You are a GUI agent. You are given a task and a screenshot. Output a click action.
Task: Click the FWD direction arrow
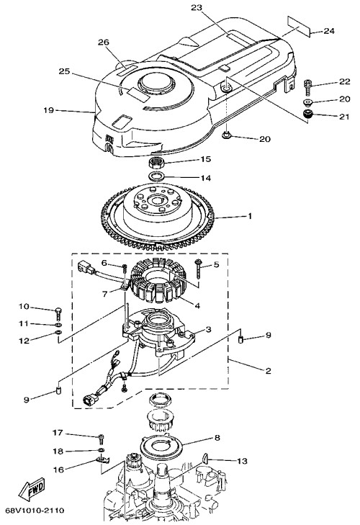pyautogui.click(x=32, y=489)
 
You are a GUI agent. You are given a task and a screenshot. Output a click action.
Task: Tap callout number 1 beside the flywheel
pyautogui.click(x=250, y=216)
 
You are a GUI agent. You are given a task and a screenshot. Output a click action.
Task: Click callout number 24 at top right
pyautogui.click(x=329, y=31)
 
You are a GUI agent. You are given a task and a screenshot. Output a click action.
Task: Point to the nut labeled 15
pyautogui.click(x=156, y=163)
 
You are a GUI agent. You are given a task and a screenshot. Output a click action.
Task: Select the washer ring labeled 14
pyautogui.click(x=156, y=176)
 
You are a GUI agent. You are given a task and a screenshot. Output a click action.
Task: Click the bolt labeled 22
pyautogui.click(x=307, y=88)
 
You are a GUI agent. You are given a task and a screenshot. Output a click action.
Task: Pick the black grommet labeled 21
pyautogui.click(x=307, y=115)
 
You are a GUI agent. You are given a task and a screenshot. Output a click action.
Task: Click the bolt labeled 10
pyautogui.click(x=58, y=314)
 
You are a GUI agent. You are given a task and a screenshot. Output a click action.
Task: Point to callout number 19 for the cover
pyautogui.click(x=49, y=109)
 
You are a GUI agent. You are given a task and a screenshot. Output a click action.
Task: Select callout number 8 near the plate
pyautogui.click(x=217, y=438)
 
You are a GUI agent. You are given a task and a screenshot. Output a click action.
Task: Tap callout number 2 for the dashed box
pyautogui.click(x=268, y=371)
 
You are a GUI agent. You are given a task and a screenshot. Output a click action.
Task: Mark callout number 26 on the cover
pyautogui.click(x=104, y=42)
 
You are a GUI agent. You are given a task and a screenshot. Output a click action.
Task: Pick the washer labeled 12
pyautogui.click(x=58, y=333)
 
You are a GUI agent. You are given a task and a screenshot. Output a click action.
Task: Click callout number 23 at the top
pyautogui.click(x=197, y=7)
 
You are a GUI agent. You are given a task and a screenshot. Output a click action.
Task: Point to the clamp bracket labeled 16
pyautogui.click(x=102, y=460)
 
